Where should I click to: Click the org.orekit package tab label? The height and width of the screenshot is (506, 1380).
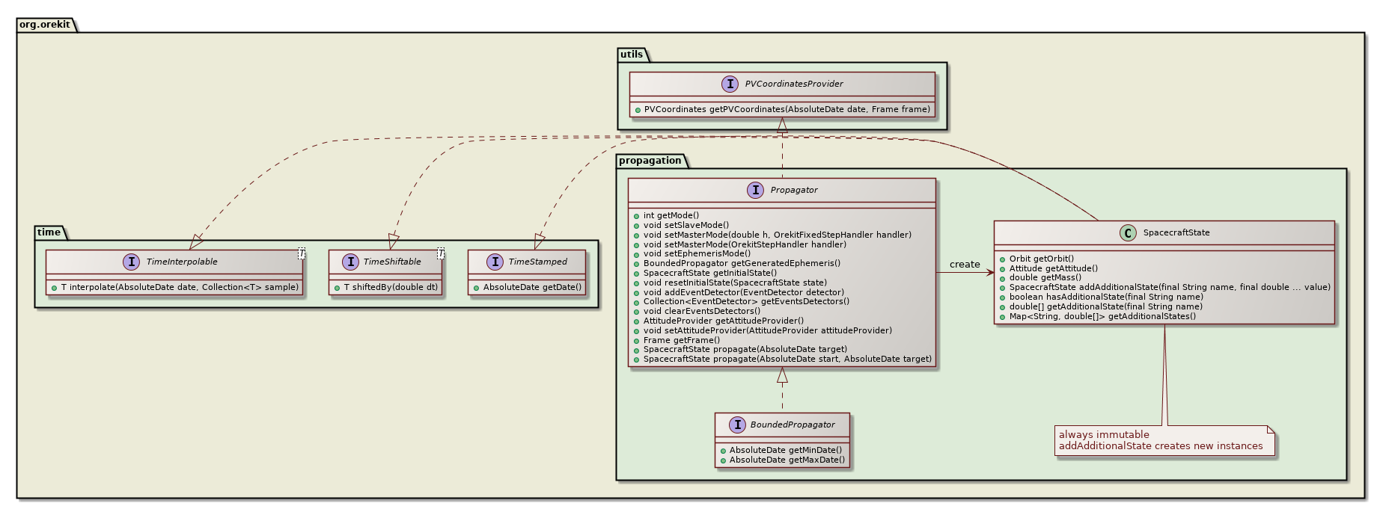[x=45, y=25]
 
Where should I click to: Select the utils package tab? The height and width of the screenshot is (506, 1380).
[x=631, y=55]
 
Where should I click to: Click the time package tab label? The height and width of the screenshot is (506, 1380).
[x=49, y=232]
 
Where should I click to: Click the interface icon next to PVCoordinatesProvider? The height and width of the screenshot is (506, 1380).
[x=729, y=84]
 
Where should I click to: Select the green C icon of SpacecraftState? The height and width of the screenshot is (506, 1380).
[x=1127, y=232]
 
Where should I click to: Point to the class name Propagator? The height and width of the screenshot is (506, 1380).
[x=793, y=190]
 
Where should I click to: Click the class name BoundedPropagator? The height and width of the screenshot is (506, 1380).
[x=792, y=425]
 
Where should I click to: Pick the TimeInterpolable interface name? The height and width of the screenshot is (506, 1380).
[x=182, y=262]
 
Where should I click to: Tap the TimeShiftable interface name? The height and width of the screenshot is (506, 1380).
[x=391, y=262]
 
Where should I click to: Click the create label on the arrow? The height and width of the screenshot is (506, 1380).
[x=964, y=265]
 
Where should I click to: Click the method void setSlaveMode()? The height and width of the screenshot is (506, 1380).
[x=686, y=225]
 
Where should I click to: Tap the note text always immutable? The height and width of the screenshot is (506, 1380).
[x=1103, y=434]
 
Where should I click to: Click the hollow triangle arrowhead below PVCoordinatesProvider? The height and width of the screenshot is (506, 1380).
[x=782, y=126]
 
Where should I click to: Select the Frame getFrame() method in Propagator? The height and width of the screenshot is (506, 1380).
[x=681, y=340]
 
